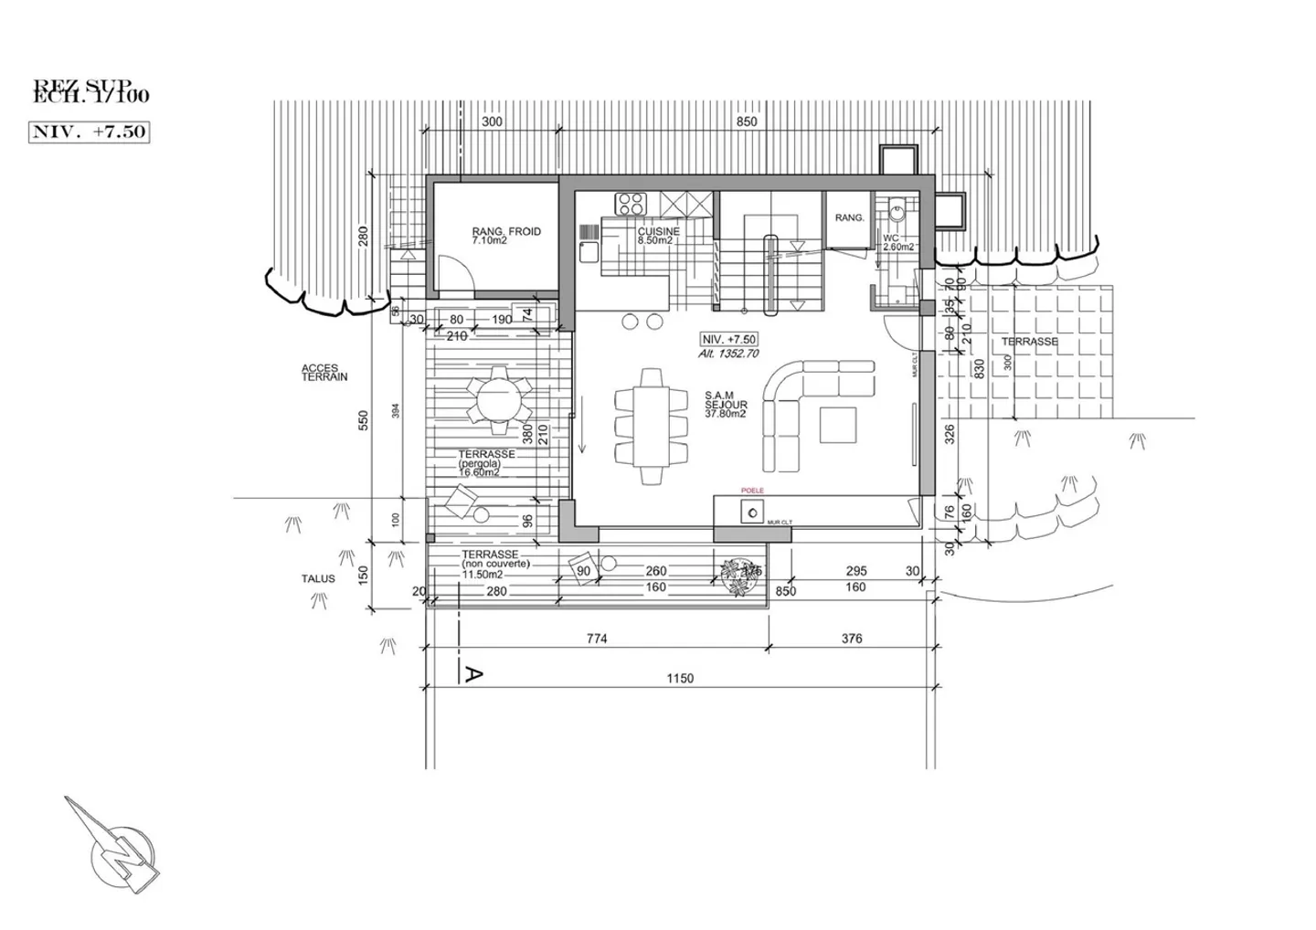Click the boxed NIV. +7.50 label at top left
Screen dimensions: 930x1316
[x=89, y=132]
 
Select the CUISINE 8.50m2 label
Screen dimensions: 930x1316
[x=658, y=236]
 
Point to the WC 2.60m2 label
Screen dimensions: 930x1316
[x=891, y=242]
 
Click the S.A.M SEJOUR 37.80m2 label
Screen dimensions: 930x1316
[x=727, y=404]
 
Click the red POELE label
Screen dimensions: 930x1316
[x=751, y=491]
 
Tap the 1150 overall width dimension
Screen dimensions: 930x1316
[x=680, y=678]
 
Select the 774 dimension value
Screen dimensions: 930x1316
[x=596, y=639]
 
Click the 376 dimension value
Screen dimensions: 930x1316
[x=851, y=639]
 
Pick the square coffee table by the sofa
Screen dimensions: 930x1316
[x=838, y=426]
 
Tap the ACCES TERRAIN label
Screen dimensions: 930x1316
[x=324, y=373]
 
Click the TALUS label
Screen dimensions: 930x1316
[x=318, y=578]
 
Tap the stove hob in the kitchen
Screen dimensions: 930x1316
[x=631, y=202]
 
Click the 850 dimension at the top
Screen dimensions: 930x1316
[x=746, y=122]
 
